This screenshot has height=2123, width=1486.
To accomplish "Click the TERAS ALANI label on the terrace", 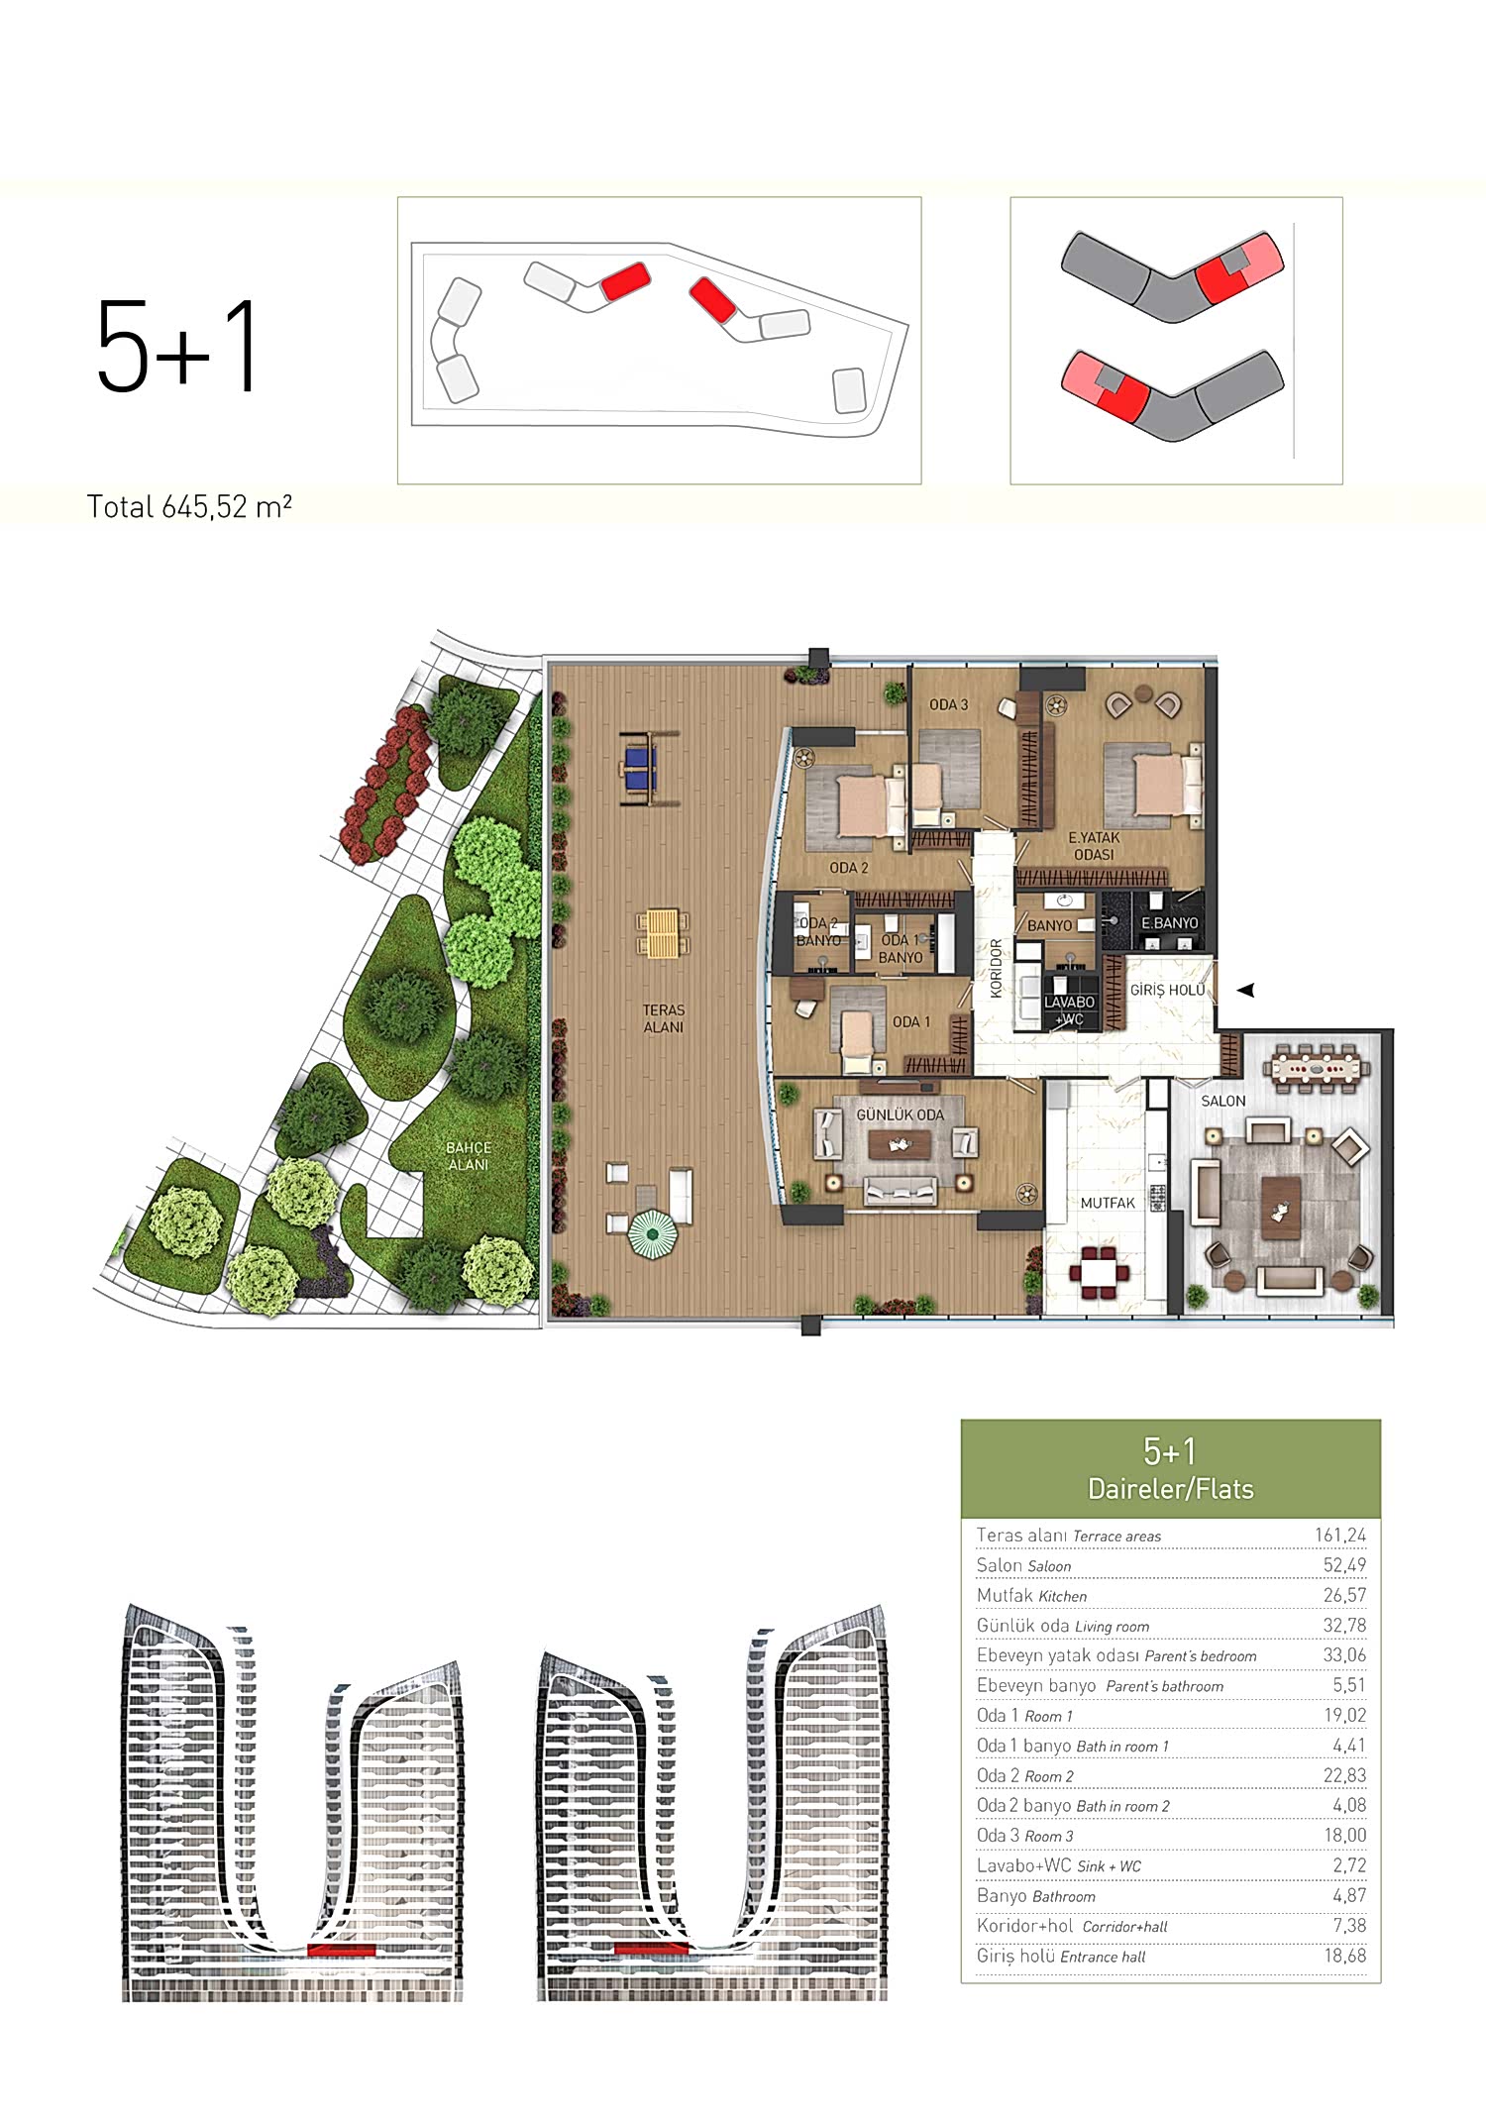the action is point(664,1018).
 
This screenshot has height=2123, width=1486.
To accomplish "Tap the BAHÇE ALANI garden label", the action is point(469,1156).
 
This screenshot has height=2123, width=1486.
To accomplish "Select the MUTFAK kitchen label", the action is point(1108,1203).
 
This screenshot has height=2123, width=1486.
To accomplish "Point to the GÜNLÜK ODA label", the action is point(900,1115).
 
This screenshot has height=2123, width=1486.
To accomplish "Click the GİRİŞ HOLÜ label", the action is point(1168,990).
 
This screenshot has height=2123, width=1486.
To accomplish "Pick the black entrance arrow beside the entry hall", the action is point(1246,990).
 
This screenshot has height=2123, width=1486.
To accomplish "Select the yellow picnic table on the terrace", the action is point(661,935).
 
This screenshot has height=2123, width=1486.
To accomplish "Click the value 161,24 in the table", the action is point(1340,1536).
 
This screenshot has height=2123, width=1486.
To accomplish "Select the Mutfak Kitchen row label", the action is point(1031,1596).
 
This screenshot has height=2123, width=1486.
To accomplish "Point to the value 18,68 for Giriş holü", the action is point(1344,1956).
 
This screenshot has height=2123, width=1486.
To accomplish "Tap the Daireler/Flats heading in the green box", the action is point(1170,1489).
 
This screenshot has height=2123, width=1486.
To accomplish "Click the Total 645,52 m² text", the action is point(189,507).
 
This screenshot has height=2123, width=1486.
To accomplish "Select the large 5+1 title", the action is point(177,346).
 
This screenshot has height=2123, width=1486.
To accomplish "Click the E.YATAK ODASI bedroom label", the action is point(1094,846).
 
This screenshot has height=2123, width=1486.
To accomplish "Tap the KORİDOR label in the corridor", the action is point(997,967).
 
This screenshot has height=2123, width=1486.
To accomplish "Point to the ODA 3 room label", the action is point(948,704).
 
